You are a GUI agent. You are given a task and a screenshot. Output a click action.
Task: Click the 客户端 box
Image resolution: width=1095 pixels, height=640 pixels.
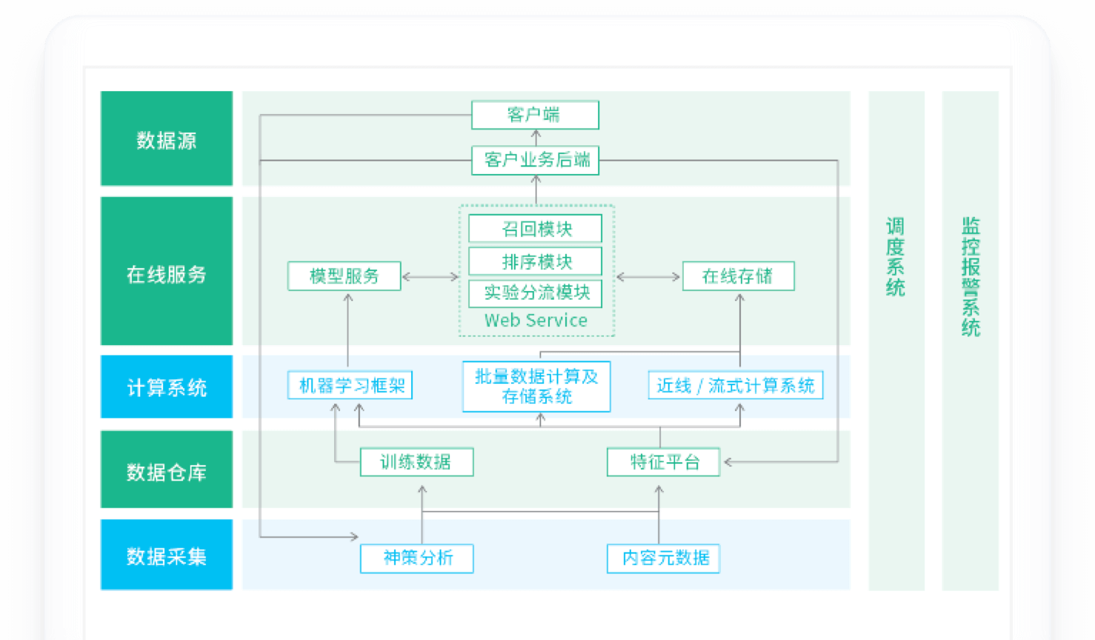(535, 115)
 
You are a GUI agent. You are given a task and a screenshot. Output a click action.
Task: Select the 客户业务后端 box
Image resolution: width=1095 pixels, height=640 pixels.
(535, 160)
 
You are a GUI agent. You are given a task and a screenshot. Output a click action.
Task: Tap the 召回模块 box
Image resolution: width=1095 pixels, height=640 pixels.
(535, 229)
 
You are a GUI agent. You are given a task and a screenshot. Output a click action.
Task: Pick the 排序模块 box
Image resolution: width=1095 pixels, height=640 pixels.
(535, 261)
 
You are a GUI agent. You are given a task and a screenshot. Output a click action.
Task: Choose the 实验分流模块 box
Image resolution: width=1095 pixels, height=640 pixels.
(535, 293)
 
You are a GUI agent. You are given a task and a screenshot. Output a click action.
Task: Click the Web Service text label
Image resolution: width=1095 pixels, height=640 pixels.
(536, 321)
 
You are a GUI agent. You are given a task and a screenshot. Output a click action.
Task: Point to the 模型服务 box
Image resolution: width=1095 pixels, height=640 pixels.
(345, 276)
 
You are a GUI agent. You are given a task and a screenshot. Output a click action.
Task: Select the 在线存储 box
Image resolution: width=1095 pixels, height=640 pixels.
(738, 276)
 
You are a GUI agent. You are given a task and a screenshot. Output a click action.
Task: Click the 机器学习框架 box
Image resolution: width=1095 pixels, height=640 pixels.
(350, 386)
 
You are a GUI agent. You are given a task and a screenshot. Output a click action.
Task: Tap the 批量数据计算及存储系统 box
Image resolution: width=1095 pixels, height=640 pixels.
(536, 387)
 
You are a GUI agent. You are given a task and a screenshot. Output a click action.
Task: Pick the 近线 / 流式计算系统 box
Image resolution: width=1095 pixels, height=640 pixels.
(735, 386)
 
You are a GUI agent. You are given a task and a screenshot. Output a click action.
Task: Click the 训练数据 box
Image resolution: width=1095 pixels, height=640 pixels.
(416, 462)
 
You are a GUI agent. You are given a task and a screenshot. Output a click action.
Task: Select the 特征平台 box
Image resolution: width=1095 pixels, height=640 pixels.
(663, 462)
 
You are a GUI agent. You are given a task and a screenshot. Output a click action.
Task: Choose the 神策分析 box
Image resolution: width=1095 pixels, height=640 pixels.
(416, 558)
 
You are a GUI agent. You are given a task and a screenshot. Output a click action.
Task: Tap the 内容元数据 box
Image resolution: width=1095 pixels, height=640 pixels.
(663, 558)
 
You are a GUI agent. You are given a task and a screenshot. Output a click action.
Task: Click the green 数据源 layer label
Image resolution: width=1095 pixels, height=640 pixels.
(167, 139)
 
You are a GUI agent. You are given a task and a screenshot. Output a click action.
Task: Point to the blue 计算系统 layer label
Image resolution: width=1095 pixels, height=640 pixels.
(167, 387)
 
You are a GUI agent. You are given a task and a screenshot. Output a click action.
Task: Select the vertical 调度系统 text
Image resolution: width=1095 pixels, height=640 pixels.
(896, 257)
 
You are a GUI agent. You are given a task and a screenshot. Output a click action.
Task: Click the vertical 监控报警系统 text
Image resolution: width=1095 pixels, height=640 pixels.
(971, 276)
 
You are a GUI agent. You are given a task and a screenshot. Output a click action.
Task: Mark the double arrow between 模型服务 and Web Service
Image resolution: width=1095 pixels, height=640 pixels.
(430, 277)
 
